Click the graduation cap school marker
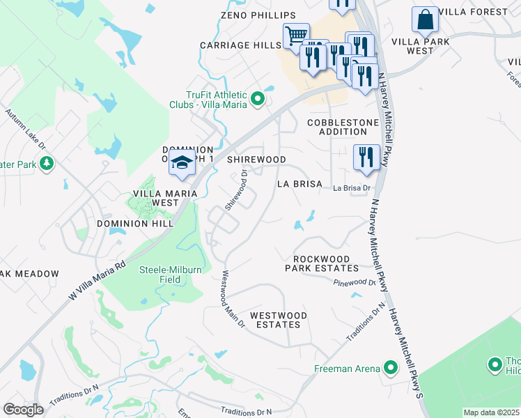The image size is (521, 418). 182,162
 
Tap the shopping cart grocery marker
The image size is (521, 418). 296,35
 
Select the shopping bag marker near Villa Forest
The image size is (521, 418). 425,21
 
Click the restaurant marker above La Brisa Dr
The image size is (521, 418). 366,157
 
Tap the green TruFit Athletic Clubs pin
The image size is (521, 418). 258,99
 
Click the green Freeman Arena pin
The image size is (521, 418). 391,368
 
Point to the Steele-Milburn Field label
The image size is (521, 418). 160,274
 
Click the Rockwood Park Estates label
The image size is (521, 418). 322,263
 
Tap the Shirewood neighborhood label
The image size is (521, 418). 257,160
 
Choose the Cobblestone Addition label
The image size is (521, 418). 343,127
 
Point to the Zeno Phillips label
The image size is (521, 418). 249,15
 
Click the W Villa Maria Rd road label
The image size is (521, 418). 98,279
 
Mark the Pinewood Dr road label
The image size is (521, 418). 355,283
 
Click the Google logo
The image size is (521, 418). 23,409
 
